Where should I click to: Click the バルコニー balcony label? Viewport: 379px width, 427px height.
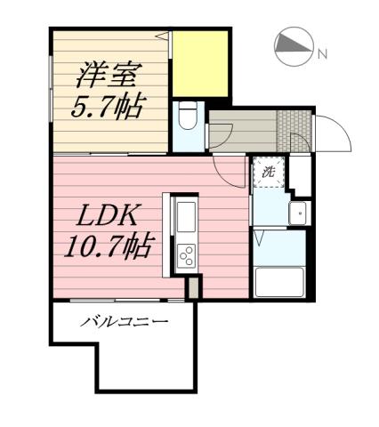[x=125, y=321]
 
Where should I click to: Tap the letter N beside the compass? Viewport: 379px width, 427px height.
[x=322, y=55]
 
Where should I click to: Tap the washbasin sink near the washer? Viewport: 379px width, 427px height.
[x=299, y=213]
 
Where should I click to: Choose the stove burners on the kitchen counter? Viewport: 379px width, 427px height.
[x=188, y=256]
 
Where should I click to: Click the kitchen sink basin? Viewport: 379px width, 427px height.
[x=188, y=217]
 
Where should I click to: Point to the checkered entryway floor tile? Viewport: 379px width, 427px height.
[x=291, y=132]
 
